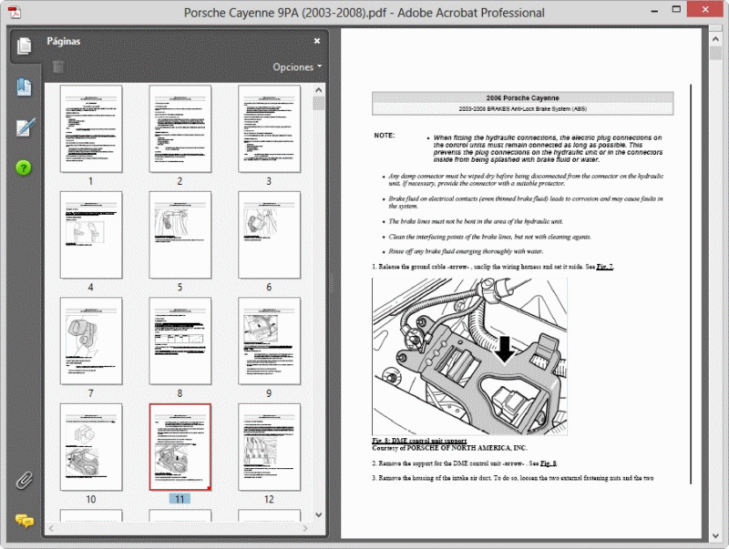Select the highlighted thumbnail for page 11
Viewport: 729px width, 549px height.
[180, 447]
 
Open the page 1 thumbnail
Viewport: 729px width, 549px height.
[90, 128]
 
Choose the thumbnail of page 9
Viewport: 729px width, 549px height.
[269, 340]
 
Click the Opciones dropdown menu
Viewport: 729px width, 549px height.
[297, 67]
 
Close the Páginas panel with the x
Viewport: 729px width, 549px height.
[317, 41]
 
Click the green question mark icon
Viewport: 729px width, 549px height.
[24, 168]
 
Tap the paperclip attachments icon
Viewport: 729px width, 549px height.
[24, 480]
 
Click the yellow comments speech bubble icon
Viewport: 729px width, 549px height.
[24, 521]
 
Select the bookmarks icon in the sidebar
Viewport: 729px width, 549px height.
[24, 87]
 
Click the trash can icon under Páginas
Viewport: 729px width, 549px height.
[58, 66]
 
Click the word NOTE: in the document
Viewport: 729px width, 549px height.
[385, 136]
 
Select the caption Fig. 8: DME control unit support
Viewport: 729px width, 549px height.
[419, 441]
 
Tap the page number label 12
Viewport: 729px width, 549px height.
[269, 499]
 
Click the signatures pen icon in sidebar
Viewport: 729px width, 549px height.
[24, 127]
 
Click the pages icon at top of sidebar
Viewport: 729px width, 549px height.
[24, 46]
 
